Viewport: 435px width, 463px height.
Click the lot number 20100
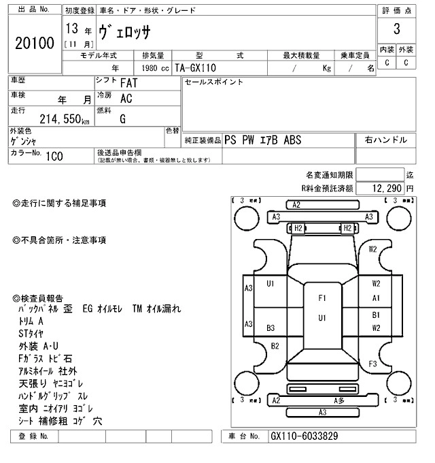[34, 44]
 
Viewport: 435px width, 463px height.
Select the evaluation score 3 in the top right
[396, 30]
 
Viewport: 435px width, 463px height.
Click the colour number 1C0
[54, 156]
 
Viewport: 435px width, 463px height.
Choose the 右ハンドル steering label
[385, 140]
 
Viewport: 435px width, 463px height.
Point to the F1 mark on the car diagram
[322, 298]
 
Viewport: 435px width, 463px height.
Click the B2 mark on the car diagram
[275, 346]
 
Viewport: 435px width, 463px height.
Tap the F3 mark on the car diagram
[372, 364]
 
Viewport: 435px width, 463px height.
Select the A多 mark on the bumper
[339, 400]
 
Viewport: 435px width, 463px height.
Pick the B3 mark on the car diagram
[271, 328]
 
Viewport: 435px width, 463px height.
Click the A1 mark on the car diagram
[376, 298]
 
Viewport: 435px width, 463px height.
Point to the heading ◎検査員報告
[38, 298]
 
